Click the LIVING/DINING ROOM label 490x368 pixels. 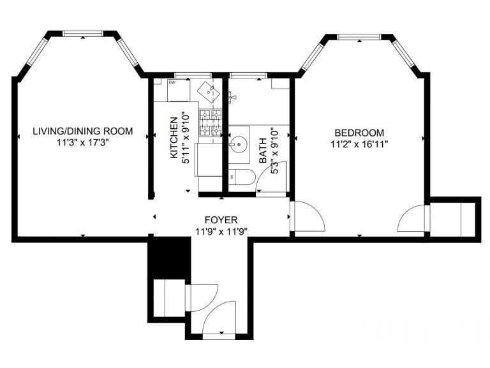point(83,131)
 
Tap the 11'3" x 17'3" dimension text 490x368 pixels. point(83,143)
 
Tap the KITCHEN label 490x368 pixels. point(174,138)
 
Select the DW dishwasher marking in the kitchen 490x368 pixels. point(172,82)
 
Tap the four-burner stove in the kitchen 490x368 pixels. point(211,124)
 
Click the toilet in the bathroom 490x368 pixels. point(241,177)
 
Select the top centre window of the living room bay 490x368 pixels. point(83,33)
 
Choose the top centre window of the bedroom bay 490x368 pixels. point(359,37)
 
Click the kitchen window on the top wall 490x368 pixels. point(184,76)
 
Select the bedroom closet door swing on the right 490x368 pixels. point(412,219)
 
